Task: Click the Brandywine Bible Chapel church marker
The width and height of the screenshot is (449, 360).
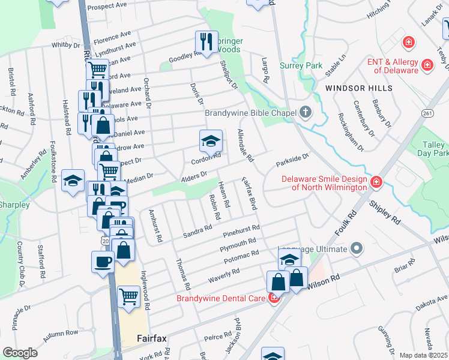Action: [306, 112]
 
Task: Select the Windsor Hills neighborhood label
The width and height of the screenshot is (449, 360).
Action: [358, 88]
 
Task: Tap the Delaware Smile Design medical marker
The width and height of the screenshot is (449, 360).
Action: [376, 181]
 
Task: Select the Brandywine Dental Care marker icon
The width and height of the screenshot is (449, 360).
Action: [274, 298]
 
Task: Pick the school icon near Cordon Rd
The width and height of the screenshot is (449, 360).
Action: [210, 141]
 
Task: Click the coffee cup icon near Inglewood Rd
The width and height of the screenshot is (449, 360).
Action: [103, 262]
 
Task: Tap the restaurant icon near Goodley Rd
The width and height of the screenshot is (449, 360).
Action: [206, 42]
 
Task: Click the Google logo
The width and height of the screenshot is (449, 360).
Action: [20, 353]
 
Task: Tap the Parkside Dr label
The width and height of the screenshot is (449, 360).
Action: [292, 160]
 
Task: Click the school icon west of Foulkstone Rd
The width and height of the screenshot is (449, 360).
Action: [73, 180]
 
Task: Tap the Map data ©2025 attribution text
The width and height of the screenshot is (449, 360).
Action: [423, 355]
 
